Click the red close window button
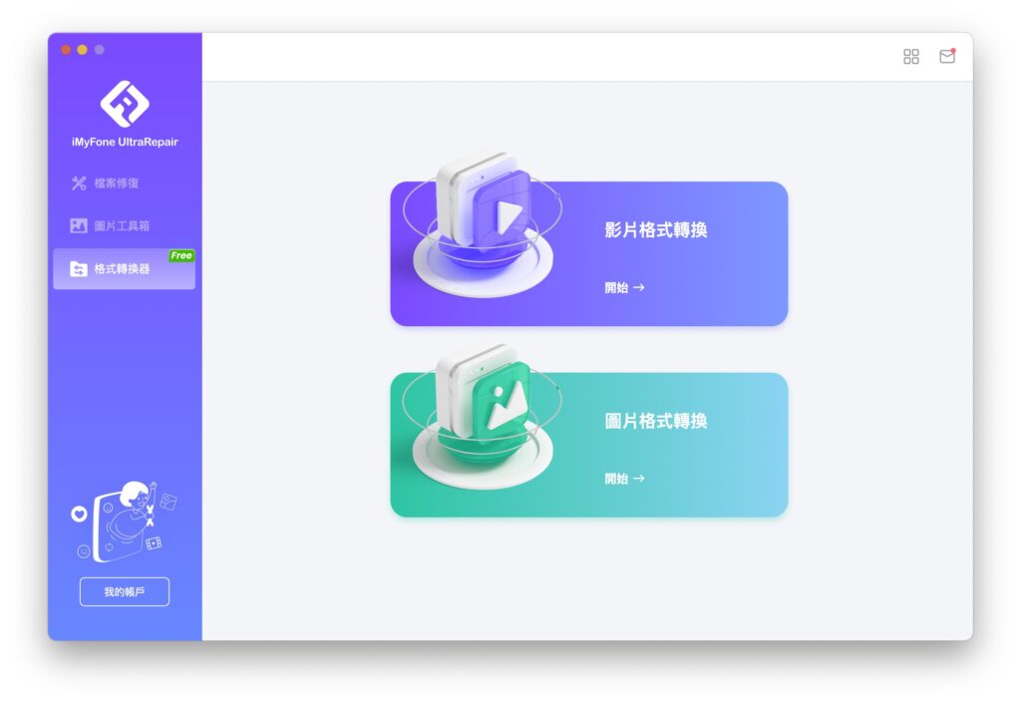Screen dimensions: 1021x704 point(66,50)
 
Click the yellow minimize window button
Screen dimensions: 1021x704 point(82,50)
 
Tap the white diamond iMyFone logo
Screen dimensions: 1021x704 point(125,104)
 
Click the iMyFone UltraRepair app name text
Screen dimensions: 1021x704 point(125,142)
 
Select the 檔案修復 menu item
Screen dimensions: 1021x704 point(116,183)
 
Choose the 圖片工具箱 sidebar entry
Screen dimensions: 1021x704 point(122,226)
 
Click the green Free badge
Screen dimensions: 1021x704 point(181,255)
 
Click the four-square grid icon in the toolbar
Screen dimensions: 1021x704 point(911,57)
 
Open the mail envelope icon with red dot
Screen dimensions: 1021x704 point(947,56)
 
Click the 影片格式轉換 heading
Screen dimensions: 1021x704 point(656,230)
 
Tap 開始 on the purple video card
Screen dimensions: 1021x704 point(616,287)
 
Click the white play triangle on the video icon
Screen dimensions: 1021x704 point(508,216)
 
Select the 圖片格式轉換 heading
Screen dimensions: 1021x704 point(656,421)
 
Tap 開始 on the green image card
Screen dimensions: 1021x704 point(616,479)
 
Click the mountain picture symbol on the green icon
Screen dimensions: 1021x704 point(506,405)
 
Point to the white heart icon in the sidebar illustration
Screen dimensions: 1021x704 point(79,515)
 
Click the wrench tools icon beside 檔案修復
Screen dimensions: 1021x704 point(79,183)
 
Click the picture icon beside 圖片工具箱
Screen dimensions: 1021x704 point(79,226)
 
